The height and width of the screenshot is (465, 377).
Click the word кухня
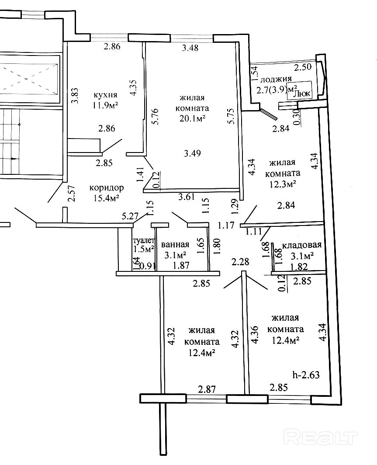coord(105,95)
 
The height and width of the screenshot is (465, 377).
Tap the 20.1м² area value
coord(192,118)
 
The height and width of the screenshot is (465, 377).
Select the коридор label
coord(107,187)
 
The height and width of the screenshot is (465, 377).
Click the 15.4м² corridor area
coord(107,198)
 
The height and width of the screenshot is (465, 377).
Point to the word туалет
coord(143,240)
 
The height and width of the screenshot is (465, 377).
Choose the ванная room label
coord(175,244)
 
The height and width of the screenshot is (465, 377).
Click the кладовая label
coord(302,245)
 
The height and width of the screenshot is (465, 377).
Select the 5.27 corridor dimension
coord(130,215)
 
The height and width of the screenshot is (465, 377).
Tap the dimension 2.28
coord(241,262)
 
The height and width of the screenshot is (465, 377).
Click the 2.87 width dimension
coord(207,389)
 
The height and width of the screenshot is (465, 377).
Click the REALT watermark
coord(321,437)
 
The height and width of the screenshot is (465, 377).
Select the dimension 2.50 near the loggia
coord(303,67)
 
